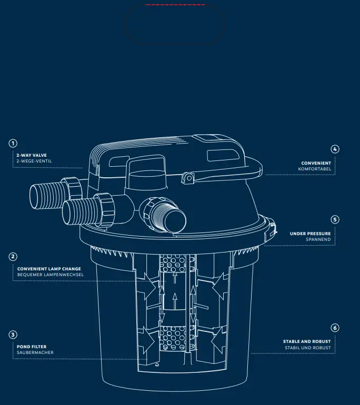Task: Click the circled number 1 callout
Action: pyautogui.click(x=13, y=144)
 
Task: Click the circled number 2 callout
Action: pyautogui.click(x=13, y=257)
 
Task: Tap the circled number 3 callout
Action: pyautogui.click(x=13, y=335)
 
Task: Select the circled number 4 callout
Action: pyautogui.click(x=335, y=149)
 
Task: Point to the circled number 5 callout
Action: pyautogui.click(x=335, y=219)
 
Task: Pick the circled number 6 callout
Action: pyautogui.click(x=335, y=328)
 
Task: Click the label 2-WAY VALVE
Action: pyautogui.click(x=32, y=155)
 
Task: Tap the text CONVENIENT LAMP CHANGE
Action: pyautogui.click(x=49, y=269)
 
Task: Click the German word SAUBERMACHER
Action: pyautogui.click(x=35, y=352)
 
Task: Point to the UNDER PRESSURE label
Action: pyautogui.click(x=310, y=234)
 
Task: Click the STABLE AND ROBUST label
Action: pyautogui.click(x=307, y=341)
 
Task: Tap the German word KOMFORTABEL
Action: pyautogui.click(x=314, y=169)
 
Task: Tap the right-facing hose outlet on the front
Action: pyautogui.click(x=174, y=215)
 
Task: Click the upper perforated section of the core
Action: pyautogui.click(x=173, y=264)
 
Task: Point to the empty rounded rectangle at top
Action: pyautogui.click(x=175, y=24)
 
